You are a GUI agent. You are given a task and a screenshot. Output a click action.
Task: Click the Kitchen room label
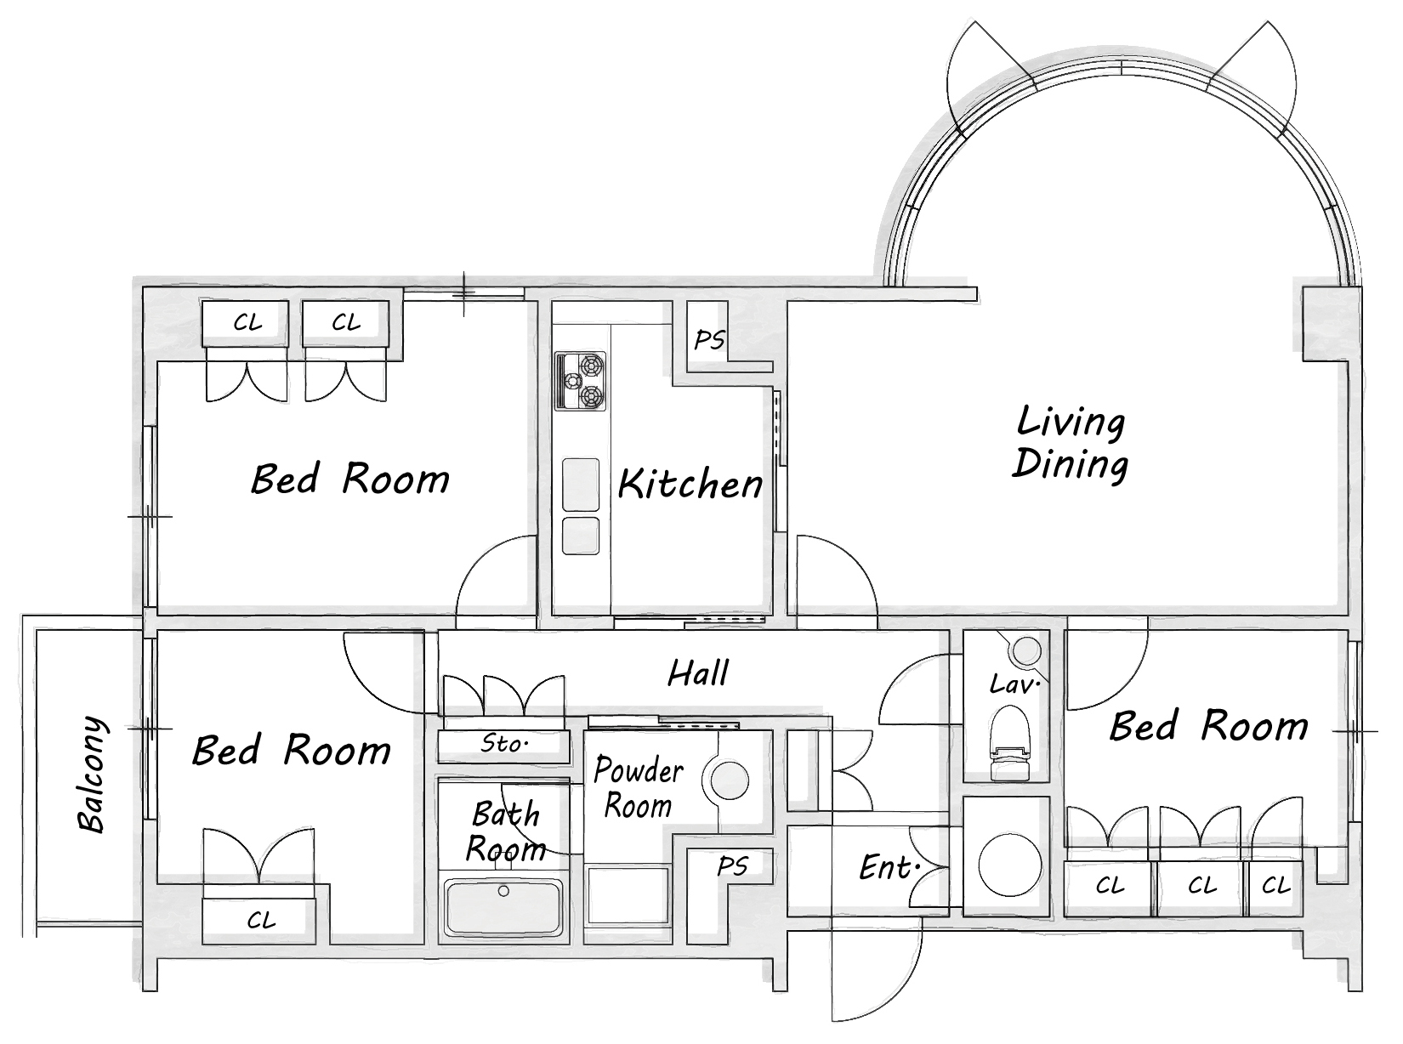(x=690, y=484)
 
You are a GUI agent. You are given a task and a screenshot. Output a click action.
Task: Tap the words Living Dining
(x=1071, y=442)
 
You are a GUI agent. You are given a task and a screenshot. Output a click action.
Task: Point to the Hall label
(x=698, y=672)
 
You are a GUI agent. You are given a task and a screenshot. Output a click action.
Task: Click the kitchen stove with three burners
(x=580, y=381)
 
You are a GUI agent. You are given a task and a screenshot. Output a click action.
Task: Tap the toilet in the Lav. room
(x=1010, y=744)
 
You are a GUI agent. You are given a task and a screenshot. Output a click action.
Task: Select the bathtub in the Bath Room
(x=503, y=907)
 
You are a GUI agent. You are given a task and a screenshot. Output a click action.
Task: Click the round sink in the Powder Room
(x=730, y=780)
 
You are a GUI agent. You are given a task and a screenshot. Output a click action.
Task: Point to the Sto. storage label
(x=504, y=743)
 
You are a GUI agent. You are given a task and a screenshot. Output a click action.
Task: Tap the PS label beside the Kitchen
(x=709, y=340)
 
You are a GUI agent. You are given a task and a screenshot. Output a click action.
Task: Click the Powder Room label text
(x=639, y=788)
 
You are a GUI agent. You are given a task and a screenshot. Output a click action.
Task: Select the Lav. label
(x=1014, y=684)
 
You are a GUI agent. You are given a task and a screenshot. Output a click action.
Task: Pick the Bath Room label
(x=505, y=831)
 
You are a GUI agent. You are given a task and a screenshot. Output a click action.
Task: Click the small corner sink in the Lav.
(x=1025, y=650)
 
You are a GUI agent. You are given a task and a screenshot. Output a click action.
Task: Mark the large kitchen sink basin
(x=580, y=485)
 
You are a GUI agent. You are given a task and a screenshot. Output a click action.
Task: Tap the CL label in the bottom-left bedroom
(x=261, y=920)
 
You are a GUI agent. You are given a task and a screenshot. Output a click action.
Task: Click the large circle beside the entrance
(x=1009, y=865)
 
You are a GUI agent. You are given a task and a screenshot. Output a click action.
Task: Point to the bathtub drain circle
(x=503, y=891)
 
